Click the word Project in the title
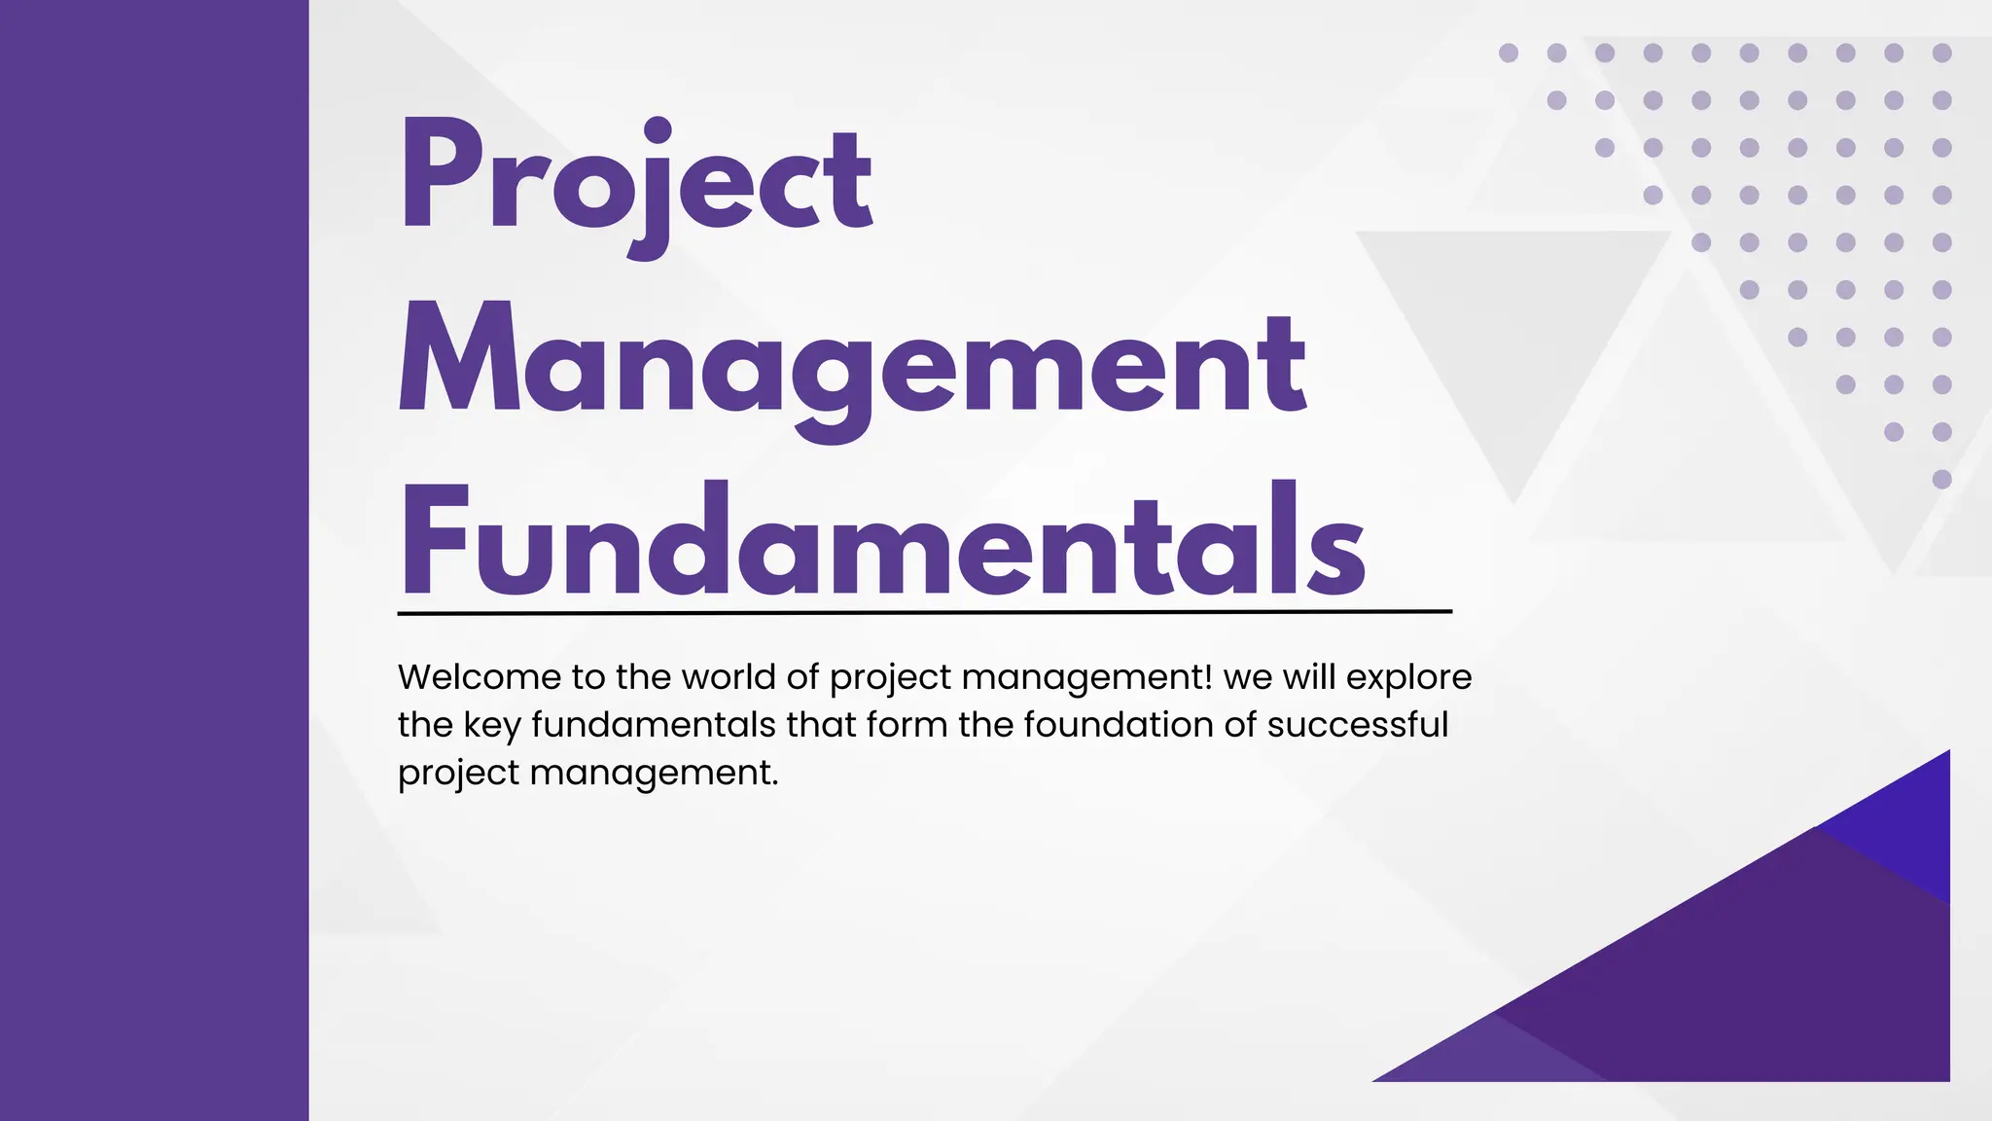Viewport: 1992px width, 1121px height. tap(637, 180)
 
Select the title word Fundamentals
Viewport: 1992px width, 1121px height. tap(882, 540)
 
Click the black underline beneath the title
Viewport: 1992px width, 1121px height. tap(924, 613)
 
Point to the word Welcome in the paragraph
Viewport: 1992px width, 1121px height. tap(480, 677)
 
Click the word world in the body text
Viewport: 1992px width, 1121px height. tap(728, 677)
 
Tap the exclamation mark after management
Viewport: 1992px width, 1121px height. tap(1207, 676)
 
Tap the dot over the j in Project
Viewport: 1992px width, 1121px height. tap(658, 130)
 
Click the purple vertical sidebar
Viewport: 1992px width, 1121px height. tap(154, 560)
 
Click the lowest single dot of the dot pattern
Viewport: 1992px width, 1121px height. tap(1941, 479)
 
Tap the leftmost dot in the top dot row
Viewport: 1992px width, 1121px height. tap(1509, 53)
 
